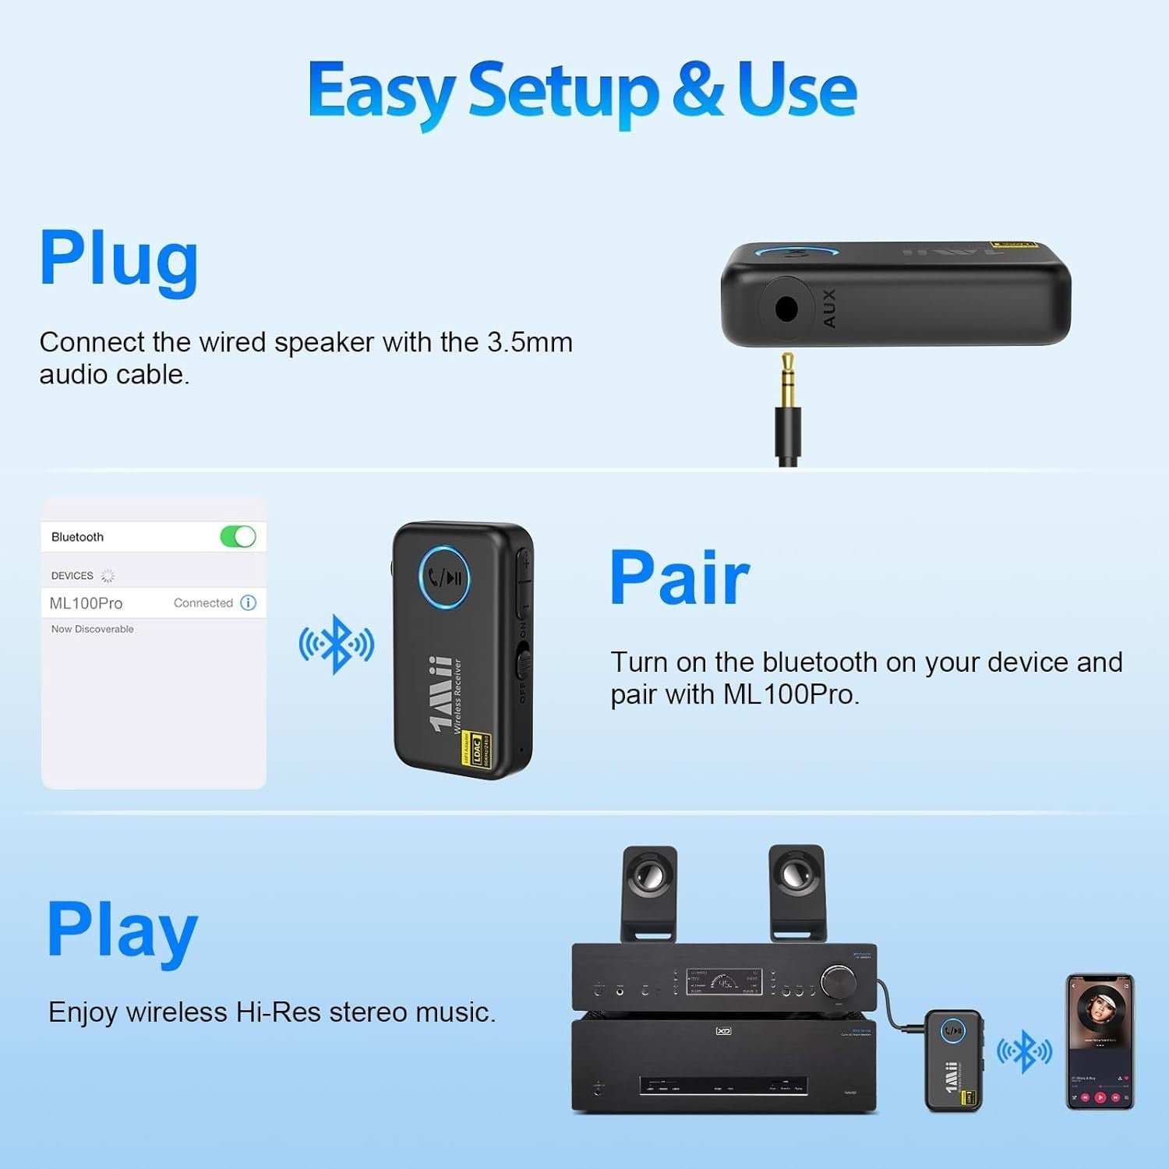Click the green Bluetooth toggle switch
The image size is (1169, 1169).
tap(238, 537)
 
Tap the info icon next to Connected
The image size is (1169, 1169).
tap(249, 602)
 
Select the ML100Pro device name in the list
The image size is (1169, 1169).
tap(86, 603)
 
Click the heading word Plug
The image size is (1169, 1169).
tap(118, 259)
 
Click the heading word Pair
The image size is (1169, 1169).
tap(679, 577)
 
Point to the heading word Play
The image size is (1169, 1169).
tap(122, 930)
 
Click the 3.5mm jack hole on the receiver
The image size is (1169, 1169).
tap(786, 309)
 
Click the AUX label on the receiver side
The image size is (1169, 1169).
tap(829, 308)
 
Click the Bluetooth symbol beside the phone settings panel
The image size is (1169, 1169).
tap(337, 644)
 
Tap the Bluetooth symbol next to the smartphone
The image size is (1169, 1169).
tap(1025, 1051)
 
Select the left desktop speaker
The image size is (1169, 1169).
tap(649, 892)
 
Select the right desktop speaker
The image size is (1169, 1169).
tap(796, 892)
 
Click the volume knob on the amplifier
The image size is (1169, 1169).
tap(838, 981)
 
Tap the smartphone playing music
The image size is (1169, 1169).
tap(1100, 1040)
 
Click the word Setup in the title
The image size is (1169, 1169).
tap(563, 91)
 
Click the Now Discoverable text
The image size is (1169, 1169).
tap(92, 629)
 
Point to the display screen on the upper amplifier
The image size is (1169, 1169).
tap(723, 982)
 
